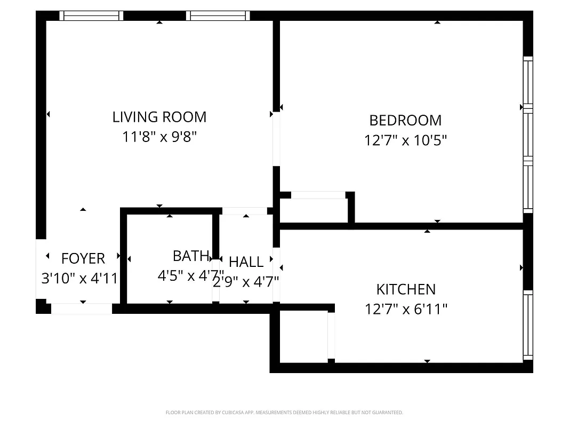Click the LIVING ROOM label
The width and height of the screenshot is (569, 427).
[x=159, y=117]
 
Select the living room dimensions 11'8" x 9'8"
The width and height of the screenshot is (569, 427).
[x=159, y=137]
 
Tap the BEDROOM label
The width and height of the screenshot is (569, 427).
[x=405, y=121]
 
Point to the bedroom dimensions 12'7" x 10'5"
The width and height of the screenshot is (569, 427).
[x=405, y=140]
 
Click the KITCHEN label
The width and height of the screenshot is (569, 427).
[x=406, y=289]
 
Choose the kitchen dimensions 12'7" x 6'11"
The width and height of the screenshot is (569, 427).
[x=406, y=309]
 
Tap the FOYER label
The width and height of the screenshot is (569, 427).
[x=83, y=259]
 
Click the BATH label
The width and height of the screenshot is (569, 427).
[x=190, y=256]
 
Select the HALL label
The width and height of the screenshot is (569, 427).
[x=246, y=262]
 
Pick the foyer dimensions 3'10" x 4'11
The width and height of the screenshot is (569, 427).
[x=79, y=278]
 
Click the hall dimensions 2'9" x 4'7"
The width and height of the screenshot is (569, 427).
[x=246, y=281]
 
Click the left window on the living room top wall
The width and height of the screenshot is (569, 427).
[x=91, y=16]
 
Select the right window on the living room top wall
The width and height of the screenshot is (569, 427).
[x=219, y=16]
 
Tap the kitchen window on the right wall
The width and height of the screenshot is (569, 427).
[x=527, y=325]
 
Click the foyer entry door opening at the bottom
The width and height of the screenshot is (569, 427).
[x=82, y=309]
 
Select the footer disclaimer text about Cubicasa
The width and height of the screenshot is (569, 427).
[x=284, y=413]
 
